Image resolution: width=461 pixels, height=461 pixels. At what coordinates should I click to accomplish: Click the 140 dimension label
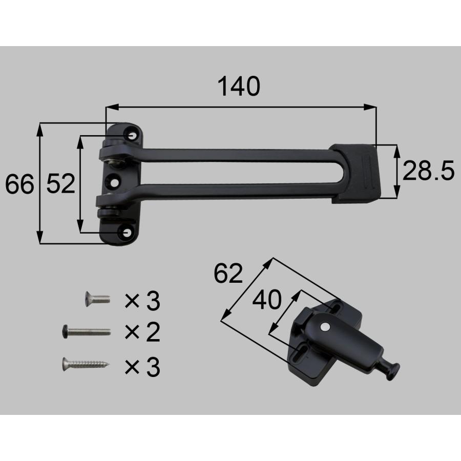tap(239, 86)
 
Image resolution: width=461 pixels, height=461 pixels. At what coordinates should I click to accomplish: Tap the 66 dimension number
tap(19, 184)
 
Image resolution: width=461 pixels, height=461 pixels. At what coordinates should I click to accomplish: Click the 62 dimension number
tap(228, 274)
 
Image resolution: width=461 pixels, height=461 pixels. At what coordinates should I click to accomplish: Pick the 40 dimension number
tap(267, 300)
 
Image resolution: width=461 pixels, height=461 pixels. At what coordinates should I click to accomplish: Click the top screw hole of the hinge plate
tap(132, 136)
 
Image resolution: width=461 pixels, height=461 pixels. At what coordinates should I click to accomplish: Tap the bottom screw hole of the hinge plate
tap(127, 233)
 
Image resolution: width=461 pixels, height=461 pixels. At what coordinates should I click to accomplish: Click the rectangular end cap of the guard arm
tap(355, 174)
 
